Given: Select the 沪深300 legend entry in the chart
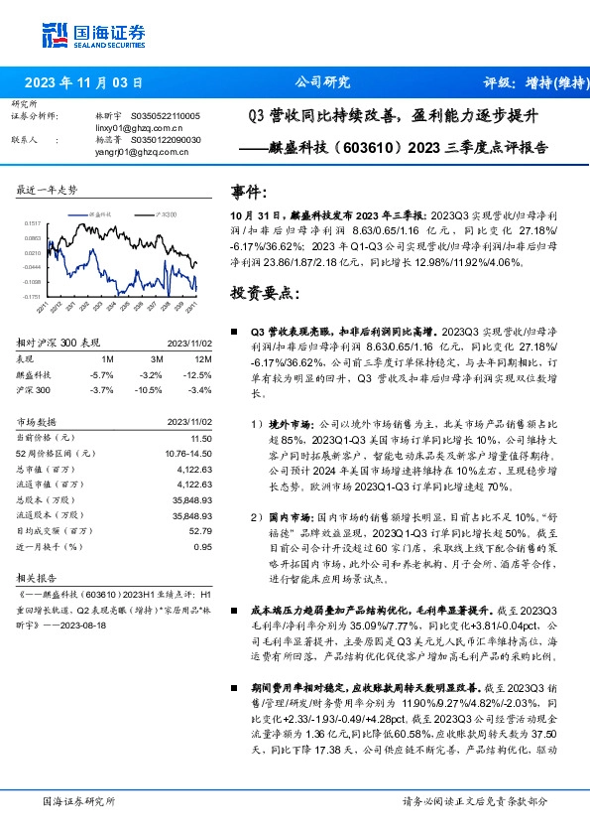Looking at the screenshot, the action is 166,214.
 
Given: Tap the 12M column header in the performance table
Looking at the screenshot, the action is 203,357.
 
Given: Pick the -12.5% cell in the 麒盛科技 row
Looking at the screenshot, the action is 200,373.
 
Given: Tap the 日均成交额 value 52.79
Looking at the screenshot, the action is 202,531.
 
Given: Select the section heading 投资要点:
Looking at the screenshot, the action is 263,294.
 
